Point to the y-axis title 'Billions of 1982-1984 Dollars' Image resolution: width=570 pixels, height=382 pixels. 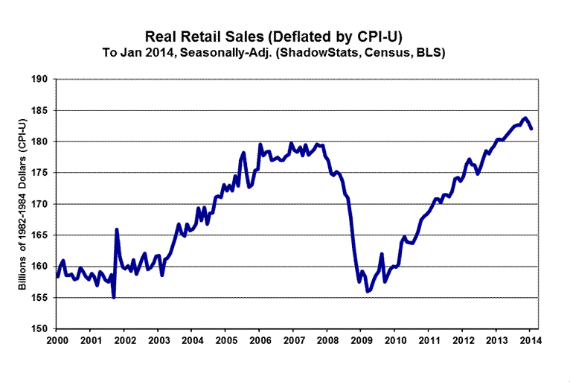(22, 204)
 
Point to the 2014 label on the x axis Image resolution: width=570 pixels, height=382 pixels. (530, 341)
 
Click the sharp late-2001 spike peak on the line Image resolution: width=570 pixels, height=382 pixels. (116, 229)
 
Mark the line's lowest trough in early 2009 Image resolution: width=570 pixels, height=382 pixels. (367, 292)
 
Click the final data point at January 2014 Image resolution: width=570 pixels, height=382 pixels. (531, 129)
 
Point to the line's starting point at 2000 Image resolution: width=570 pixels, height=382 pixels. (57, 276)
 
